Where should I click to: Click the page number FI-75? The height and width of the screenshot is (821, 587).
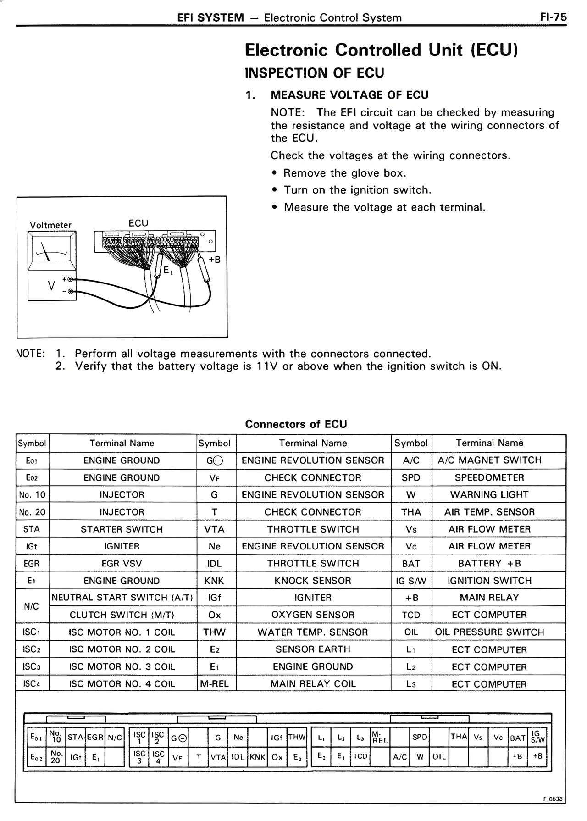553,17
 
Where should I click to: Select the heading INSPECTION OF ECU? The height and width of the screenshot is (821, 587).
314,73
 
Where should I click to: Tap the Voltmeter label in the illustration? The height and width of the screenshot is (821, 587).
50,225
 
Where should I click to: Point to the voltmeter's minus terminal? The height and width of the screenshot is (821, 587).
70,291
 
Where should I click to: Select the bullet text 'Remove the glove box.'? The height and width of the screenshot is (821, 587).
345,173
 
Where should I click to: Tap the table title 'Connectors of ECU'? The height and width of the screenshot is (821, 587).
296,424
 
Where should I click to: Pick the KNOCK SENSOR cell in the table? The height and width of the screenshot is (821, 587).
313,581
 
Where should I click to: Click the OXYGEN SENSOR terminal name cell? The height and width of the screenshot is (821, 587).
313,615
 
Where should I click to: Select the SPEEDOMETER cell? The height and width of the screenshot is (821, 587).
489,477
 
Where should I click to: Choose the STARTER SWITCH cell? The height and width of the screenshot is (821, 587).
122,529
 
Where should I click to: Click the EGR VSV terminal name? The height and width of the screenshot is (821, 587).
122,563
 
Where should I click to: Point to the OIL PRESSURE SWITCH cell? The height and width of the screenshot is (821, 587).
489,632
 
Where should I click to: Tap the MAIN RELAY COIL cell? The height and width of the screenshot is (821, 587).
313,684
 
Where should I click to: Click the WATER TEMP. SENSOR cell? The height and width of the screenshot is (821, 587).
313,632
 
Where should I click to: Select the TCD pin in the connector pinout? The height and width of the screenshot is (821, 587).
360,756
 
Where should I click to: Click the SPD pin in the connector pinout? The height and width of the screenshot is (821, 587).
419,737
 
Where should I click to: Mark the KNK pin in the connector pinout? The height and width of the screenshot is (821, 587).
258,757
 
